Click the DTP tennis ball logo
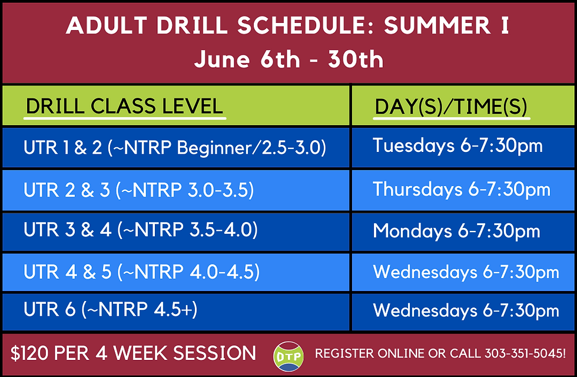click(288, 356)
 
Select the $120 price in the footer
click(29, 353)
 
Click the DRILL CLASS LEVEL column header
click(124, 106)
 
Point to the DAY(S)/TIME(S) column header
click(451, 107)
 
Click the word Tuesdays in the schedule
click(413, 145)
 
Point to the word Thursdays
click(417, 189)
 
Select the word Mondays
click(413, 232)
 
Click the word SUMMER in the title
click(437, 25)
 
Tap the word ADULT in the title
click(107, 25)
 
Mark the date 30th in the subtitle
click(356, 59)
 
